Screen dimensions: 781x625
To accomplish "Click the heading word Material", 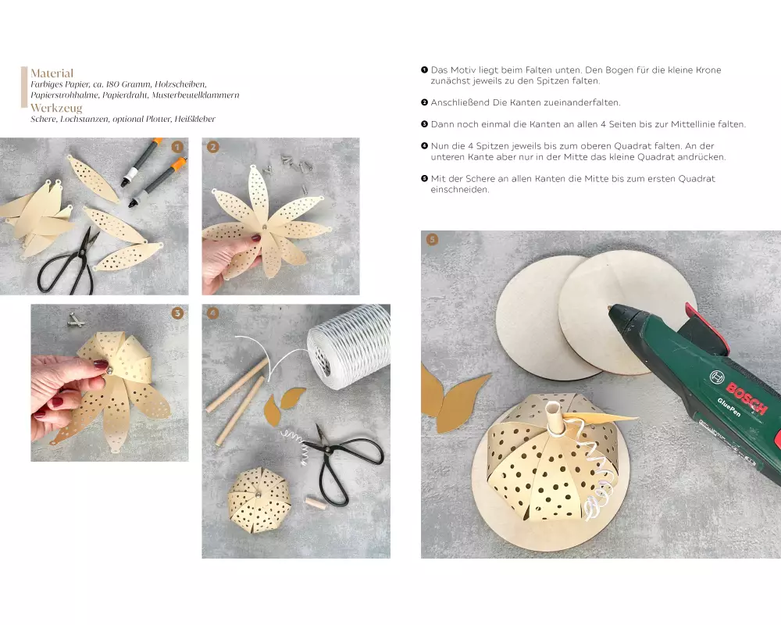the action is coord(52,73).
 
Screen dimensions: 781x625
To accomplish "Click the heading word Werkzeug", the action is coord(56,108).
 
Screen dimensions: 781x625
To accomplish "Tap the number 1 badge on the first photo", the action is coord(177,147).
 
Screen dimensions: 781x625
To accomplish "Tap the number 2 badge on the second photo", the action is coord(212,147).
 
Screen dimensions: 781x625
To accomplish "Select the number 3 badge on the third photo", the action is coord(177,313).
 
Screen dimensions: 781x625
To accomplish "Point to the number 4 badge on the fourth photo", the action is coord(212,313).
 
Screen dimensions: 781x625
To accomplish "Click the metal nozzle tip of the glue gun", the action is coord(610,309).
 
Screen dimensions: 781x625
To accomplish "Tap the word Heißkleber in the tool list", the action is coord(194,119).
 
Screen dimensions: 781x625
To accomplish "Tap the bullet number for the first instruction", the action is coord(424,70).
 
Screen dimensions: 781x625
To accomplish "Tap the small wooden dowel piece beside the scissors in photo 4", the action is coord(315,502).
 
